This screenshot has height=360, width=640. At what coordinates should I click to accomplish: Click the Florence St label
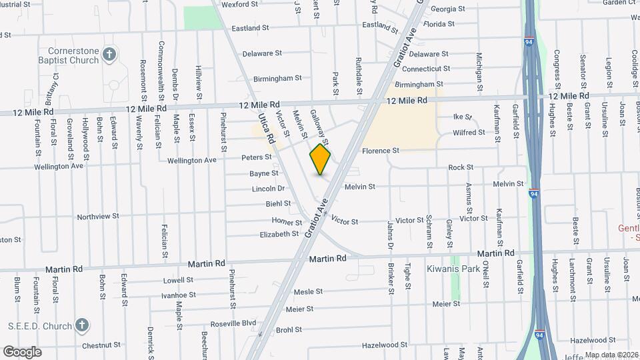(x=381, y=151)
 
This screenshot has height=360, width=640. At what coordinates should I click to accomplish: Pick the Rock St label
(x=461, y=167)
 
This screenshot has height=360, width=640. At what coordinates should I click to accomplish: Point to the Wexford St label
(x=239, y=4)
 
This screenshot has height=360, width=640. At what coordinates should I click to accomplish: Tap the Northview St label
(x=98, y=216)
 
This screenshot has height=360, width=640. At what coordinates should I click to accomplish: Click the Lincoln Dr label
(x=268, y=189)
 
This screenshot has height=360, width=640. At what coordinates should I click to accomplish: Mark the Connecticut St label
(x=426, y=69)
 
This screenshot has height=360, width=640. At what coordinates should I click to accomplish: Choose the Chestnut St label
(x=101, y=346)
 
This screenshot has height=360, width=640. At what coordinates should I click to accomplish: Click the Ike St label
(x=463, y=117)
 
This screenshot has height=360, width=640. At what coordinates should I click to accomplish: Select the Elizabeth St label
(x=279, y=234)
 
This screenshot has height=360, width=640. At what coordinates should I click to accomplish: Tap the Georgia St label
(x=448, y=9)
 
